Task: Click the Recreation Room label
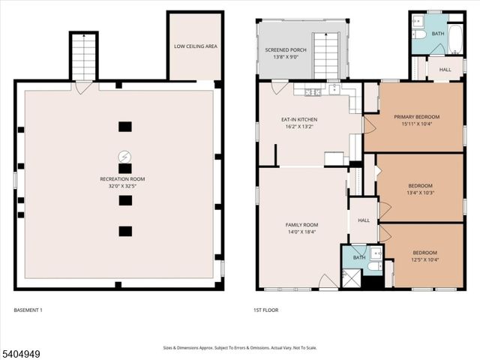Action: pos(122,179)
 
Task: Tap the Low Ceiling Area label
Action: pos(196,46)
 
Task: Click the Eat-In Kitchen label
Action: pos(299,120)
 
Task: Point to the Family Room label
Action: pos(301,225)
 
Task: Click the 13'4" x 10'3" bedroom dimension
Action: pos(420,193)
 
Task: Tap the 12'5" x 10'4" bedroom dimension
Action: pos(424,259)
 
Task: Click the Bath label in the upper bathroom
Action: pos(438,34)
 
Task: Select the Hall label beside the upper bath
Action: pos(445,70)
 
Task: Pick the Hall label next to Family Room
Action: pos(364,220)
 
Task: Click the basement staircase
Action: pos(83,56)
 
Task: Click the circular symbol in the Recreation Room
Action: pos(124,157)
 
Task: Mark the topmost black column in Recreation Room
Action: pos(125,126)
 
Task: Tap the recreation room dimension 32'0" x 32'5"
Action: pos(122,187)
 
